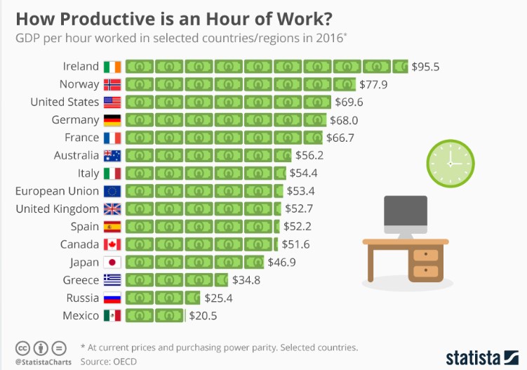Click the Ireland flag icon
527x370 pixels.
point(112,67)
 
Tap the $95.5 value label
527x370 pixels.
point(425,67)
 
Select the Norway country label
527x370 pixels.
point(79,84)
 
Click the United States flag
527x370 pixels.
point(112,103)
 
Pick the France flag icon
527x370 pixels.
point(112,138)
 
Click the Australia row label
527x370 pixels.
point(76,155)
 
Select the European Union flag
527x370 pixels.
point(112,191)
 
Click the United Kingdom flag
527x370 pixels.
point(112,209)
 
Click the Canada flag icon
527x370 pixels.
point(112,244)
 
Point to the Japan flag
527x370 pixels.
point(112,262)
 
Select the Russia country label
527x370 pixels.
point(81,298)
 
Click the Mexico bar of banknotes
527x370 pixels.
point(154,315)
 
